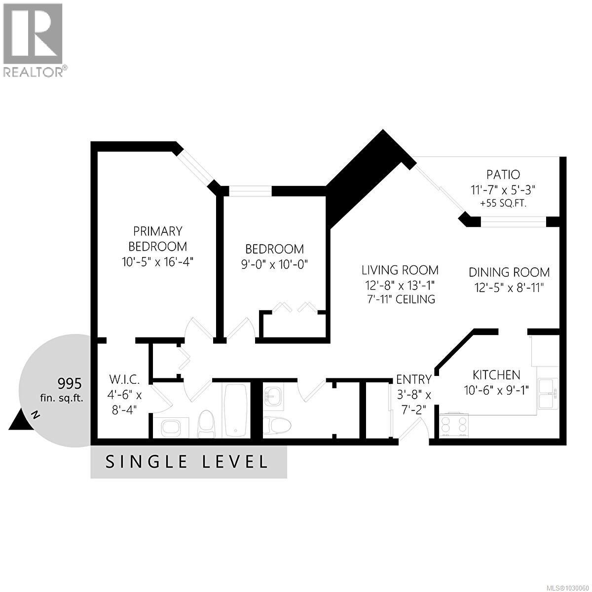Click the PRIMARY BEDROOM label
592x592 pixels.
(158, 238)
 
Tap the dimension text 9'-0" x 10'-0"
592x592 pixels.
(274, 264)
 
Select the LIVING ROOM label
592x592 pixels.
(400, 270)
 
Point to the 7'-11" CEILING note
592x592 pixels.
(400, 299)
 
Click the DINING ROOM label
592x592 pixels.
(509, 272)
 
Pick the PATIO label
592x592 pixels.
(503, 174)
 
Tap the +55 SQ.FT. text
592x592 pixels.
(503, 203)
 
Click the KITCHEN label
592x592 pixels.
(496, 375)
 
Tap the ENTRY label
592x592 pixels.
(414, 379)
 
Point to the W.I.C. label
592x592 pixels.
(125, 380)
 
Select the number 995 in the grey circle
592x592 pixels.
(70, 383)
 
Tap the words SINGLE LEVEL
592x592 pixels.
(188, 462)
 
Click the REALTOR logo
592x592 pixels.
(34, 39)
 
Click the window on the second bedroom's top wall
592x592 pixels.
(250, 190)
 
